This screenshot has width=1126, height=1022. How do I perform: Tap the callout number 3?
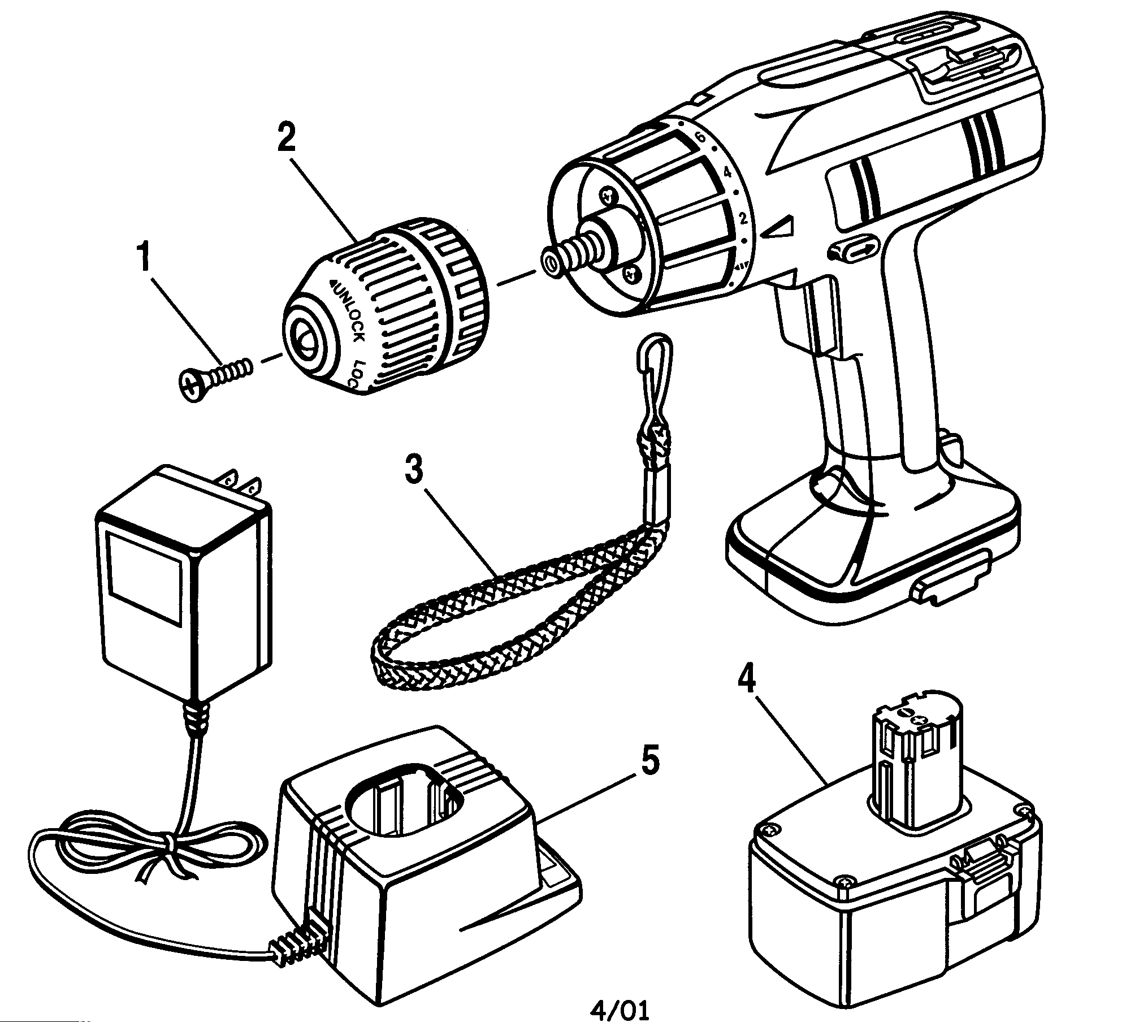click(414, 470)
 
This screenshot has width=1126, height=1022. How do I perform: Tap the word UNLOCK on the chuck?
click(349, 310)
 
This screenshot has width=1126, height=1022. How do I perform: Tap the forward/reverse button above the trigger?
click(854, 249)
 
